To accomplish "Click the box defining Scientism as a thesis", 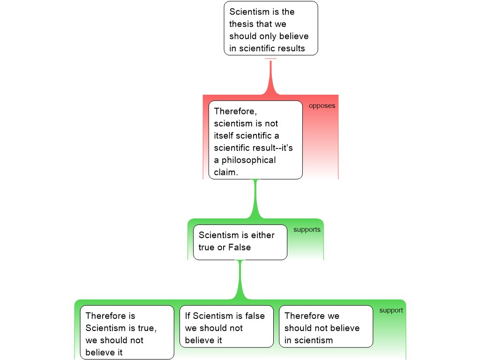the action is tap(271, 28).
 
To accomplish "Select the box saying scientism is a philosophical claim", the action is tap(255, 140).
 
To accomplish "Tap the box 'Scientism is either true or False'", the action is tap(240, 242).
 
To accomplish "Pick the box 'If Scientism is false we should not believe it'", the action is tap(226, 326).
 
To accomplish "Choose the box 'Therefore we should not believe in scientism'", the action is tap(326, 326).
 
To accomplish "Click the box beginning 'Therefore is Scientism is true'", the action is tap(127, 332).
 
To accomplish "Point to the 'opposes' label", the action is tap(322, 105).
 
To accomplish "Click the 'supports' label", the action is tap(307, 230).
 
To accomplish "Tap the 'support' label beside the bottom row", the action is tap(391, 310).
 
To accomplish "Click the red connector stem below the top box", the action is tap(270, 76).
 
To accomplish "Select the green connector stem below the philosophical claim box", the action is tap(255, 199).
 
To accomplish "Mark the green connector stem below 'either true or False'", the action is tap(240, 280).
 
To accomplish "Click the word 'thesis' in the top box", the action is tap(241, 24).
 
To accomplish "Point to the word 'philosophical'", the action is tap(248, 160).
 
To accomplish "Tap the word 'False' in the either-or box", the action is tap(240, 247).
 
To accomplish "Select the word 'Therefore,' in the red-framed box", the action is tap(235, 112).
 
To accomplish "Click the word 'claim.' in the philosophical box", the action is tap(226, 172).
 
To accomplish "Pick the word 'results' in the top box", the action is tap(292, 48).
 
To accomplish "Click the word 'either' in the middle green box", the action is tap(262, 235).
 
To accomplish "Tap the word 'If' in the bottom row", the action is tap(187, 315).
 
